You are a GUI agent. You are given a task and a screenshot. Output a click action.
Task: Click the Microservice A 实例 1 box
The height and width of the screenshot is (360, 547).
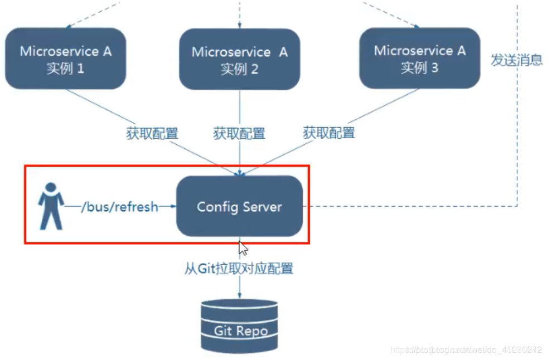65,59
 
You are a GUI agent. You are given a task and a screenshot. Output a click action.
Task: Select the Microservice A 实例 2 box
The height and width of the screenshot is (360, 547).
240,60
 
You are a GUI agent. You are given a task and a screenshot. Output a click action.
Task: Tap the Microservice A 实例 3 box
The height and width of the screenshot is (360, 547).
419,59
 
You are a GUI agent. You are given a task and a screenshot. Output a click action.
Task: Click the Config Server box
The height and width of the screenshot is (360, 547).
240,207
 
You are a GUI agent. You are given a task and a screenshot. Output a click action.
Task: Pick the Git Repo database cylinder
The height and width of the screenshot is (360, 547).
240,325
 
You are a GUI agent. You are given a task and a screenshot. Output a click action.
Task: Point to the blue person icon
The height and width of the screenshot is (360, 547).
51,206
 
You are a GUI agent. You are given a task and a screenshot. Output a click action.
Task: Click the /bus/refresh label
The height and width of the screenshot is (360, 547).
119,207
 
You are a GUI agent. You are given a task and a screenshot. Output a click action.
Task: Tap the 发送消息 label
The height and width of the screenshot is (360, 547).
516,60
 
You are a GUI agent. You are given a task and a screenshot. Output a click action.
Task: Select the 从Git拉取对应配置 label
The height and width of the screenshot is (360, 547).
239,268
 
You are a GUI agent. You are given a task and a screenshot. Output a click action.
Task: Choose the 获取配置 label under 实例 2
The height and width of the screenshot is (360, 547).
239,133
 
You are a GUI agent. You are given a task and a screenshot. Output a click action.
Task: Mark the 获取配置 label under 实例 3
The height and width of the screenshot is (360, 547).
328,133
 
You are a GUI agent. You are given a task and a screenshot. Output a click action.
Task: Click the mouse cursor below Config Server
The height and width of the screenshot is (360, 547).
243,249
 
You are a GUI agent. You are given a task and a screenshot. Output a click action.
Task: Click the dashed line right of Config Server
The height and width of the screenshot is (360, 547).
413,206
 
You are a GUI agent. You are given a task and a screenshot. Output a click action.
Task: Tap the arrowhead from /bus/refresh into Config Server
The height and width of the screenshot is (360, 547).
171,207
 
